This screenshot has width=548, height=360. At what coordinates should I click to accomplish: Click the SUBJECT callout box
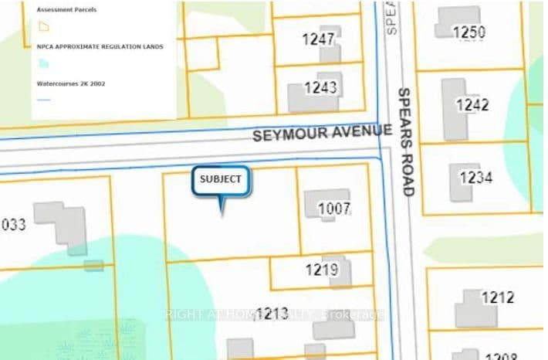[x=221, y=179]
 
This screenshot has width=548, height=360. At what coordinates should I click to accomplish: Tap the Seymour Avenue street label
[x=322, y=135]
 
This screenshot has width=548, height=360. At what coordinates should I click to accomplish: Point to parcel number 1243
[x=320, y=87]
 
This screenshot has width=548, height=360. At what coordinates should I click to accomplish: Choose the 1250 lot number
[x=469, y=32]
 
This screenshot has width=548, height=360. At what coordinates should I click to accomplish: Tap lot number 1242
[x=472, y=104]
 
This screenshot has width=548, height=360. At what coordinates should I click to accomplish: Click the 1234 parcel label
[x=475, y=178]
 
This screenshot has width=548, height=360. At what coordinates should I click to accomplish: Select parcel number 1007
[x=335, y=208]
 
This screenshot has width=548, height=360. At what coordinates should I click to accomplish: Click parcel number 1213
[x=272, y=313]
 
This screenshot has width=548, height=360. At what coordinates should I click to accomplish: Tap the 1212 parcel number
[x=497, y=297]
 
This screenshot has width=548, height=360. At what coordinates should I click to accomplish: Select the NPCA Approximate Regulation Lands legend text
[x=100, y=46]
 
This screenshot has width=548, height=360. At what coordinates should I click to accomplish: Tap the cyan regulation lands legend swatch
[x=43, y=63]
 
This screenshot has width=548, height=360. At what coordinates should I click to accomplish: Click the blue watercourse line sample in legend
[x=44, y=100]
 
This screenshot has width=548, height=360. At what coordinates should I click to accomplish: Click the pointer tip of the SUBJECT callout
[x=223, y=212]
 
